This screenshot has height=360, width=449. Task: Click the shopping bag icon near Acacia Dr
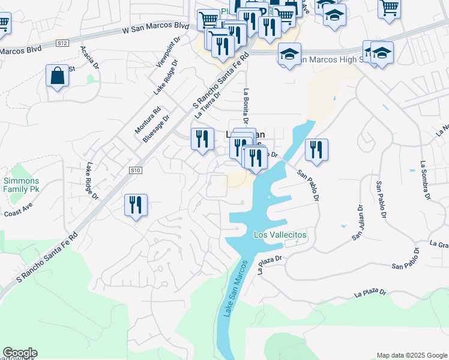(x=57, y=77)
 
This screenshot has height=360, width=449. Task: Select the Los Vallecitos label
(x=280, y=235)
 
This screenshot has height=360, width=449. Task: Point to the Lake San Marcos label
(x=235, y=289)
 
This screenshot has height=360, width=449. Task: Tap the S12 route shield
(x=62, y=43)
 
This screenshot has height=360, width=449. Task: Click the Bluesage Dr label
(x=155, y=128)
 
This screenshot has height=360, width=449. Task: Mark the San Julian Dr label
(x=358, y=223)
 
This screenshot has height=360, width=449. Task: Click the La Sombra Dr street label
(x=425, y=180)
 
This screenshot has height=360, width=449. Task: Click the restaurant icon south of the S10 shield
(x=136, y=205)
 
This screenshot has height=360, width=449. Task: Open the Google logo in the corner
(x=20, y=353)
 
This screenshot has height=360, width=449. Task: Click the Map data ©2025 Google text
(x=411, y=355)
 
